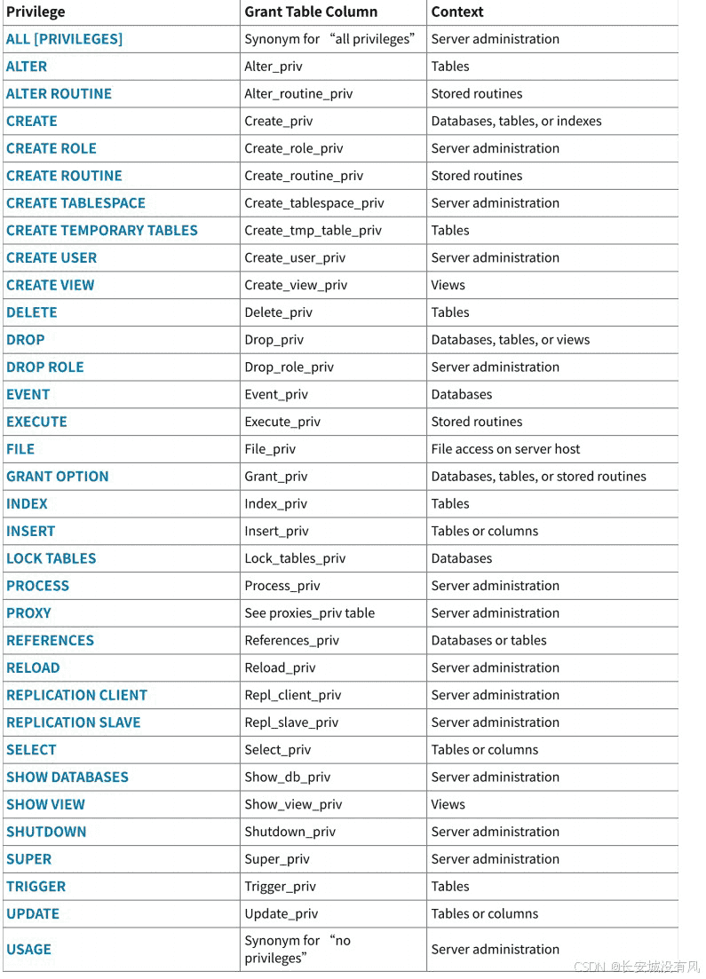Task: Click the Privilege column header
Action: [36, 12]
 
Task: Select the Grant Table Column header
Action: [311, 12]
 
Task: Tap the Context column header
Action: [457, 12]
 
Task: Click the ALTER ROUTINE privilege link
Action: [59, 93]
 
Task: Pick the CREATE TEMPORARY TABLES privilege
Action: [102, 230]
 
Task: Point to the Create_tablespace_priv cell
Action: [314, 202]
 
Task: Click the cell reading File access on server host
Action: [505, 449]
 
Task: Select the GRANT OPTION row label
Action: [58, 476]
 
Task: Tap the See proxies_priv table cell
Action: [310, 612]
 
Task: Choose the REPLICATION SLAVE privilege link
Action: [74, 722]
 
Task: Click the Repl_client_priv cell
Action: [293, 695]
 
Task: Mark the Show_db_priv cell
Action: [288, 777]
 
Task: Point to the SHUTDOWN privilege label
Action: [46, 832]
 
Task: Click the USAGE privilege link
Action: [28, 949]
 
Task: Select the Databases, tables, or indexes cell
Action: [516, 121]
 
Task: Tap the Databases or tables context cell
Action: [488, 640]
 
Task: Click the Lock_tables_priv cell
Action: [295, 558]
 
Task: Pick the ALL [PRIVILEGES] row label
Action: [64, 39]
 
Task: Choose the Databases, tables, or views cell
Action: [511, 339]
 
